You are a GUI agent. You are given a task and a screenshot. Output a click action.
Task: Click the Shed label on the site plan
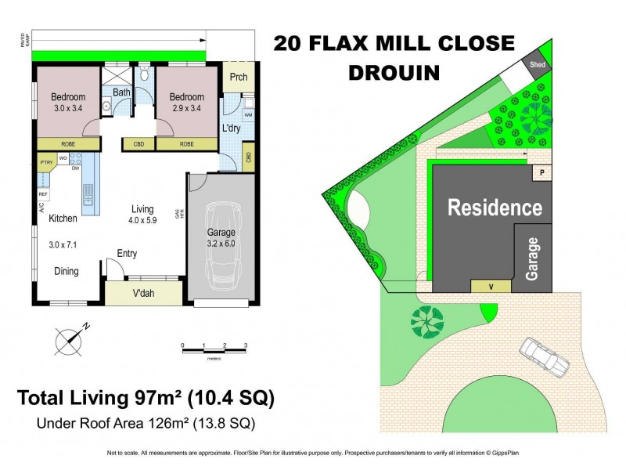(x=538, y=65)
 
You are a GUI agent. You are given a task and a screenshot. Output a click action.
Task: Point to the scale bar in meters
(x=214, y=346)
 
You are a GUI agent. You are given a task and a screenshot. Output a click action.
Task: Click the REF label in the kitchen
(x=43, y=193)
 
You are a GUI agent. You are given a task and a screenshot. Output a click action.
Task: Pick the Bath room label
(x=121, y=92)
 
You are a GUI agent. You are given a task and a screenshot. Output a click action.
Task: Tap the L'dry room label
(x=231, y=127)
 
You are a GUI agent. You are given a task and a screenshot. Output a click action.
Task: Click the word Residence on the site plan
(x=494, y=208)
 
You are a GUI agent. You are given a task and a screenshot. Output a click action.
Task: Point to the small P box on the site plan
(x=539, y=172)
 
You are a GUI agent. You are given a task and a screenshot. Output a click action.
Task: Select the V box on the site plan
(x=491, y=286)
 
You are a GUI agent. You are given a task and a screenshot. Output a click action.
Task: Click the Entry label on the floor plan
(x=128, y=253)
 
